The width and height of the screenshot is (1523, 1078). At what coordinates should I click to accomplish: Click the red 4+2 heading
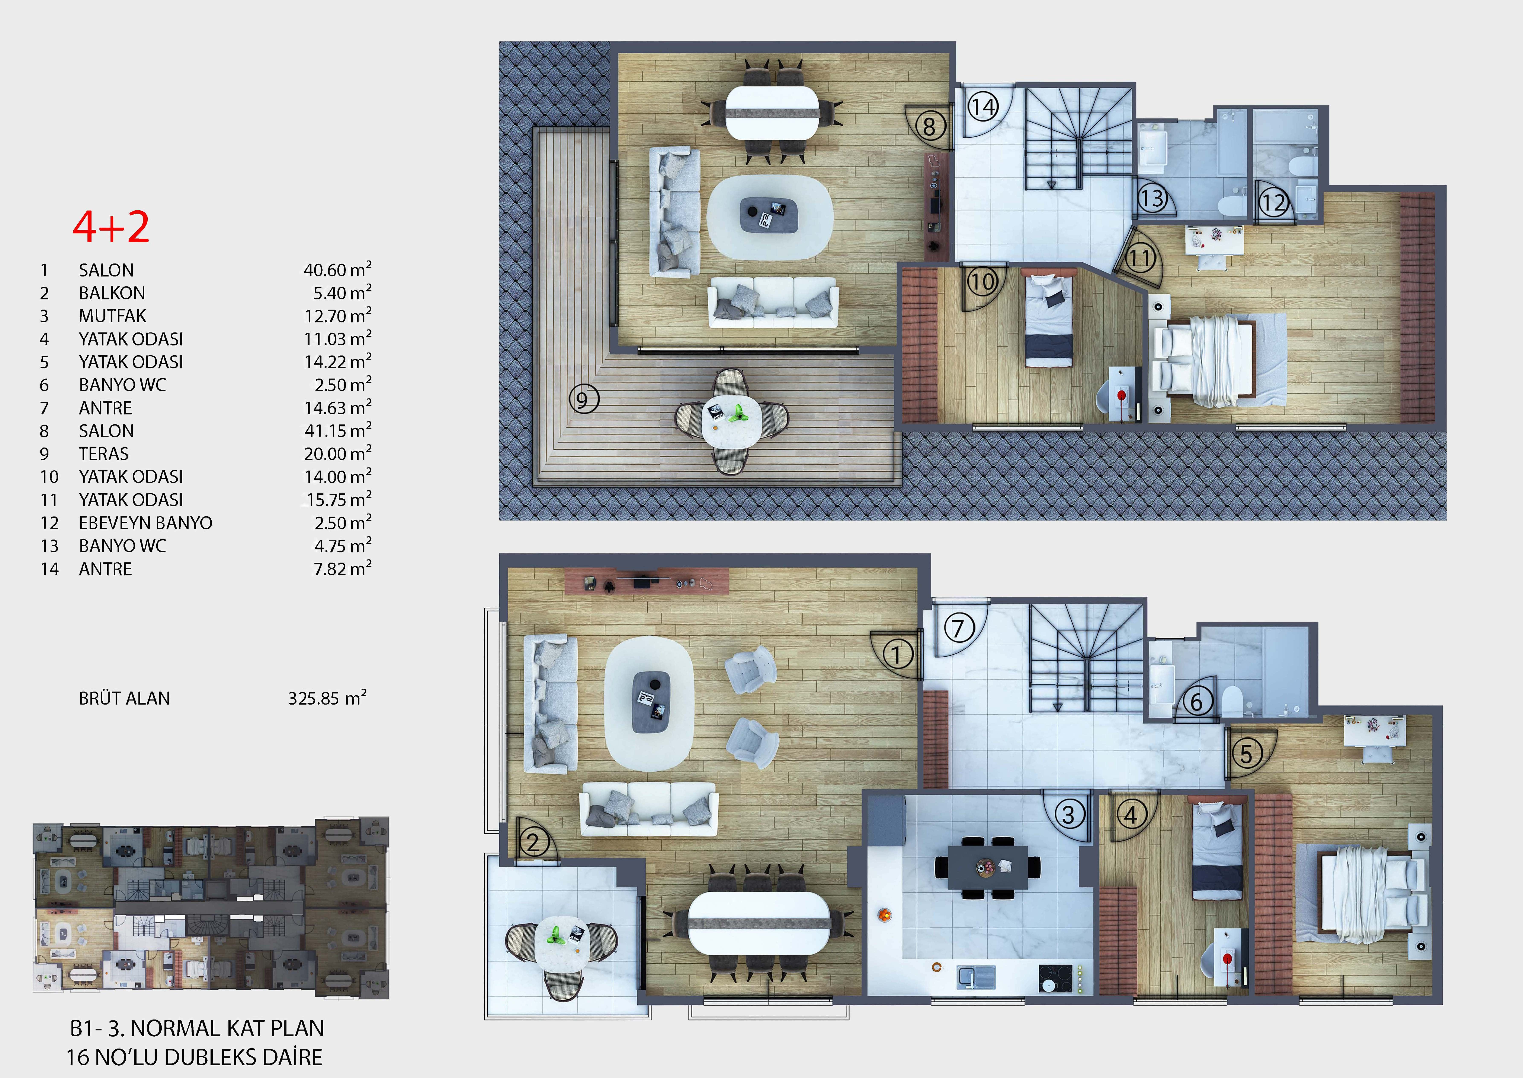pyautogui.click(x=111, y=227)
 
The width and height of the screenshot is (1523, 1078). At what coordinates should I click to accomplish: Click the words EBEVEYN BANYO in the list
pyautogui.click(x=145, y=523)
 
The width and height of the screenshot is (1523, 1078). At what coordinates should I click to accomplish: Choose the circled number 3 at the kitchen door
pyautogui.click(x=1069, y=815)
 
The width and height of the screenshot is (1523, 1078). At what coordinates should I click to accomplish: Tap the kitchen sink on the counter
pyautogui.click(x=977, y=976)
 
